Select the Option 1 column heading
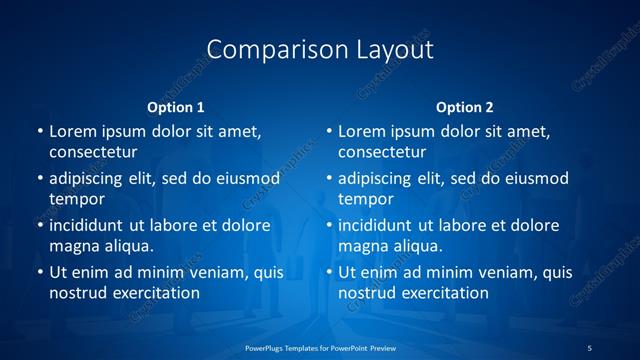tap(176, 107)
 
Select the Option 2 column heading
tap(465, 107)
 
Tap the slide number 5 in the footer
tap(589, 347)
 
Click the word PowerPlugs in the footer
tap(267, 347)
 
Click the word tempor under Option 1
tap(77, 199)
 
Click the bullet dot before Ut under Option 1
tap(39, 272)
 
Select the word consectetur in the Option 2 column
tap(384, 152)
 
